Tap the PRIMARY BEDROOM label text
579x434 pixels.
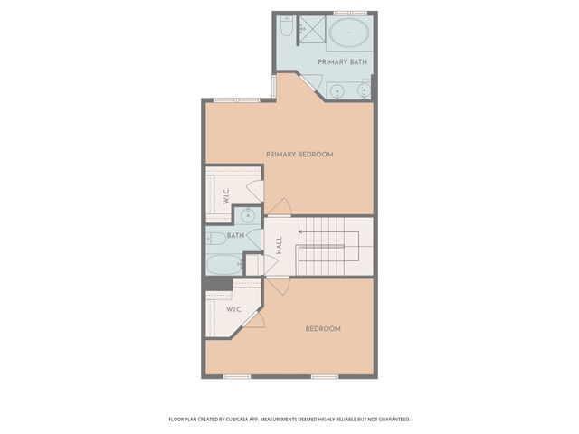pyautogui.click(x=299, y=155)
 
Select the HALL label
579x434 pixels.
pyautogui.click(x=280, y=244)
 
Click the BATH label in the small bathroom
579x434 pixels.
pyautogui.click(x=234, y=236)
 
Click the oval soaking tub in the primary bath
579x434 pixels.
pyautogui.click(x=348, y=34)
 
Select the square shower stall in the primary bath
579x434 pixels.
pyautogui.click(x=311, y=28)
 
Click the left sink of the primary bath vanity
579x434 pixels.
pyautogui.click(x=337, y=90)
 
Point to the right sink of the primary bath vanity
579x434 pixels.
pyautogui.click(x=364, y=90)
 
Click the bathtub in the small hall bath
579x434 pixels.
pyautogui.click(x=223, y=264)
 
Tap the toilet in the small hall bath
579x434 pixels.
pyautogui.click(x=215, y=239)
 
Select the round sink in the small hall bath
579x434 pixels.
pyautogui.click(x=248, y=215)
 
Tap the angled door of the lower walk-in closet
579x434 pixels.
pyautogui.click(x=256, y=318)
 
